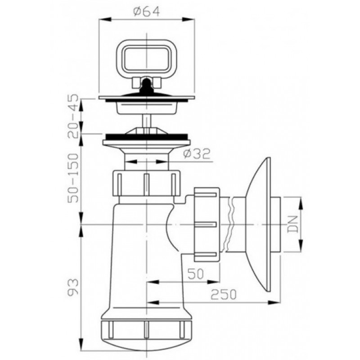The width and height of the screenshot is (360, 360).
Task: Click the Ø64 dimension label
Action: (147, 12)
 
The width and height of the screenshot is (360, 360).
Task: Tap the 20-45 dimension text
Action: (73, 117)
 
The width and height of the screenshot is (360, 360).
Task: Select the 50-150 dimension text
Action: (73, 178)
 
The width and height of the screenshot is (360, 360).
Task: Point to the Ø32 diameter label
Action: (197, 154)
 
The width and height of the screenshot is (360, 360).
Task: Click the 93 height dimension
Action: (73, 287)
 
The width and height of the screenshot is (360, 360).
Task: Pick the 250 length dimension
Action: (224, 294)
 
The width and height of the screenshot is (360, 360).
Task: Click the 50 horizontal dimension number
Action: (196, 274)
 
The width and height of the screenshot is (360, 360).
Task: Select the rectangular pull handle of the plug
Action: (146, 56)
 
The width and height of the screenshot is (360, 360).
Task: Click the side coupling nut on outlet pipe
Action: (207, 225)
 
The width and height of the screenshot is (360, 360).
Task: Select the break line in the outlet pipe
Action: (230, 225)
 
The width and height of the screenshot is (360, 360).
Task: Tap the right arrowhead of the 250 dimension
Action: (274, 302)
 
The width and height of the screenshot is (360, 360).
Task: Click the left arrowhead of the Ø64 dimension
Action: (105, 19)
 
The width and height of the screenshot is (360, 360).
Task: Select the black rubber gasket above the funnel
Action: (147, 137)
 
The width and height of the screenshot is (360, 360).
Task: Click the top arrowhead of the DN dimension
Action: (301, 203)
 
